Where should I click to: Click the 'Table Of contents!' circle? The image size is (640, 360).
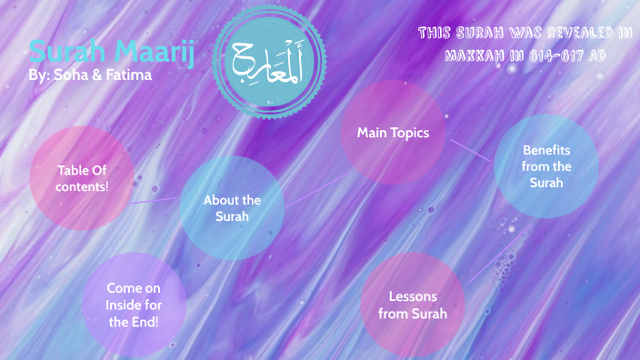click(82, 177)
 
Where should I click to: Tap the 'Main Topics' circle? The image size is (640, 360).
click(393, 133)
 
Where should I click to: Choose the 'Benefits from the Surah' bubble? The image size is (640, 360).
click(546, 166)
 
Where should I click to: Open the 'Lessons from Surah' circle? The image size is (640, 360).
click(413, 305)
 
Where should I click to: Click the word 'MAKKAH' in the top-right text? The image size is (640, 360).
click(478, 55)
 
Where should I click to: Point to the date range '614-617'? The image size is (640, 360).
click(555, 55)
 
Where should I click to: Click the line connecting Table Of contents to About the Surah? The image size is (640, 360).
click(156, 197)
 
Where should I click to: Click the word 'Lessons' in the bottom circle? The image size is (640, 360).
click(413, 296)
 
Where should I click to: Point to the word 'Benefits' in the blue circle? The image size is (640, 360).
click(546, 150)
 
